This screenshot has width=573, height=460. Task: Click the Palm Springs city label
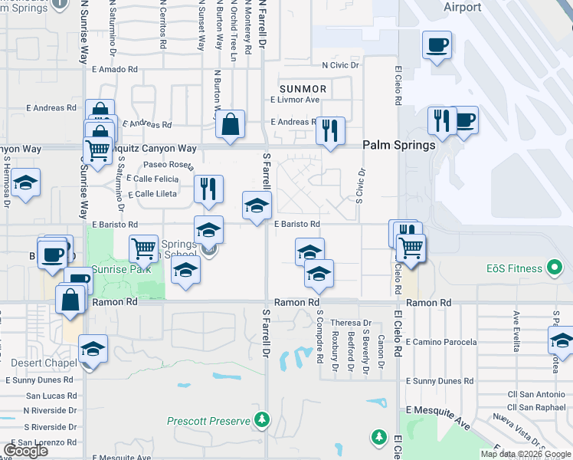(398, 145)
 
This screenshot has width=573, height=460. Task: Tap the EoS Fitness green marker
(557, 269)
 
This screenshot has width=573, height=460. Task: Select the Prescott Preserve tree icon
(263, 420)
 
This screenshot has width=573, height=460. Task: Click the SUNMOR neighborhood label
(303, 89)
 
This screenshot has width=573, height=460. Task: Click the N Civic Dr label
(341, 65)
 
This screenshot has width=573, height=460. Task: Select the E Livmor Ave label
(295, 100)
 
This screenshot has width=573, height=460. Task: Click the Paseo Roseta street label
(169, 164)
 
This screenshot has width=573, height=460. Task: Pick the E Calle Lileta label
(152, 194)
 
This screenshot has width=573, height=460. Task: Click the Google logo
(25, 451)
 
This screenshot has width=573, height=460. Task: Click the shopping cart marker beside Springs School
(143, 248)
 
